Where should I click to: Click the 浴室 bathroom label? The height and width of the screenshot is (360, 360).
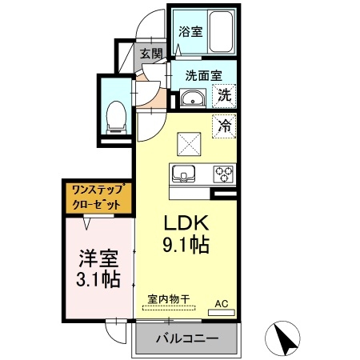(190, 33)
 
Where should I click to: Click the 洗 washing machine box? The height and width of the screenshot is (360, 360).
(226, 95)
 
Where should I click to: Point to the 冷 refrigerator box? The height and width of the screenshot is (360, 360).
(226, 125)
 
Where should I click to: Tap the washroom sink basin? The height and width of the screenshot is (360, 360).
(191, 99)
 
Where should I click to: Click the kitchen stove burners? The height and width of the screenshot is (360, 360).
(222, 173)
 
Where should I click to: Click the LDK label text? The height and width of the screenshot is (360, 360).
(187, 222)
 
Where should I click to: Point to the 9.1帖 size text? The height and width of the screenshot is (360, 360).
(187, 246)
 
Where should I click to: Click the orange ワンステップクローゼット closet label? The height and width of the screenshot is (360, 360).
(96, 198)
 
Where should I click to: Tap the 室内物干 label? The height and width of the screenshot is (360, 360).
(168, 299)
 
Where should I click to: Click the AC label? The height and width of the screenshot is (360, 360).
(222, 304)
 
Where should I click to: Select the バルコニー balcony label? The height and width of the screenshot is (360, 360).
(186, 338)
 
